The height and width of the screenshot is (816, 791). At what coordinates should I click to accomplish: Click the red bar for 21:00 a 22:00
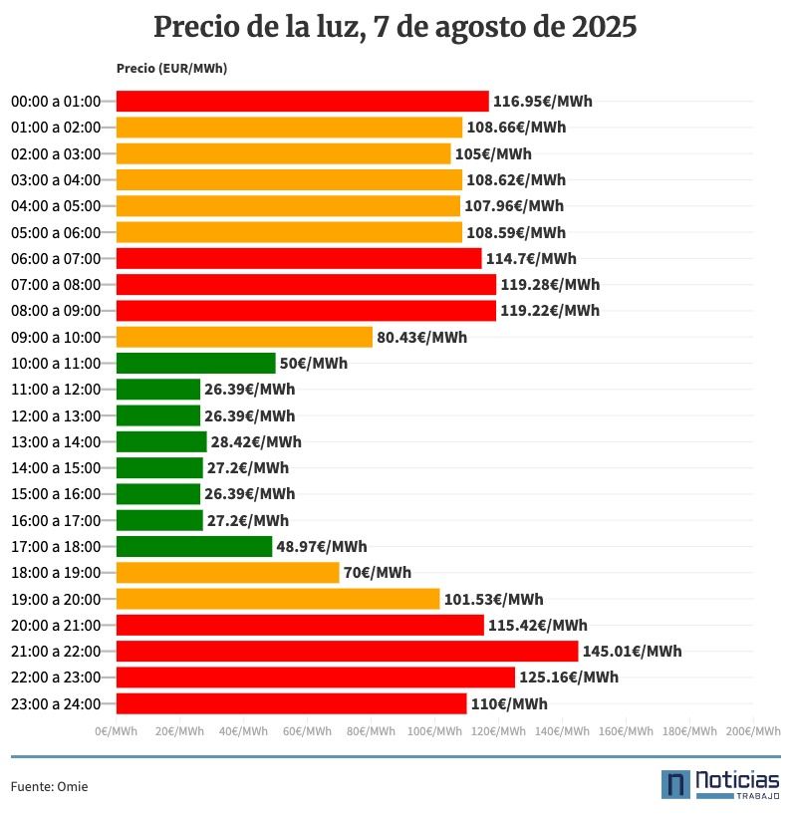[347, 651]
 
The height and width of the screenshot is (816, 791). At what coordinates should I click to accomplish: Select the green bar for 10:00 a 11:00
[195, 364]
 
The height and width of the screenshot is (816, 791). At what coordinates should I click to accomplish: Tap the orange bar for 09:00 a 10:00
[244, 337]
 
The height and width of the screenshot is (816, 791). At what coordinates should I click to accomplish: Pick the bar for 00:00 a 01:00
[302, 102]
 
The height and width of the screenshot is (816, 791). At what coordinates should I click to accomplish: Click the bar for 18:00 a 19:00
[227, 573]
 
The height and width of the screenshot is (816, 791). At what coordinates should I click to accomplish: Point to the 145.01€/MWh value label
[632, 652]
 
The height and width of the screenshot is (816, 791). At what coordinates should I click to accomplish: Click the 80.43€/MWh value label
[421, 338]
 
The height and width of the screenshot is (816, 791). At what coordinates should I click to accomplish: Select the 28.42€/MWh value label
[256, 442]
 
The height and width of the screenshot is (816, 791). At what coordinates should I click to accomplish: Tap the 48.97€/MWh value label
[321, 547]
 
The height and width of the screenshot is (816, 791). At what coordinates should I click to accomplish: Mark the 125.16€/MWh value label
[569, 678]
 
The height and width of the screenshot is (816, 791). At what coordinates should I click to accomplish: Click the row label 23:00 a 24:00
[56, 704]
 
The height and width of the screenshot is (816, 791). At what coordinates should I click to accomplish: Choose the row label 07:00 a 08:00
[56, 285]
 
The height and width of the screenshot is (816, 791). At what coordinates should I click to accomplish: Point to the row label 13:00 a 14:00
[56, 442]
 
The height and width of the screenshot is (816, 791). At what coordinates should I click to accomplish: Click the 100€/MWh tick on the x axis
[434, 731]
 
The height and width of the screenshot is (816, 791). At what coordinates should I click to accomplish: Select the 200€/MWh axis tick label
[752, 731]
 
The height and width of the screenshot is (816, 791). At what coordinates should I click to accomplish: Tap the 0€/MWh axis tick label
[116, 731]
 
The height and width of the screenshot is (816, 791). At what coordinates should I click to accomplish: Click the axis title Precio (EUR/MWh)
[171, 69]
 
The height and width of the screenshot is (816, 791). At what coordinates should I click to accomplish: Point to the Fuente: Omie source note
[49, 787]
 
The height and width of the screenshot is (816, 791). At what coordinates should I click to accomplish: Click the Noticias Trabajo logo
[720, 784]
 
